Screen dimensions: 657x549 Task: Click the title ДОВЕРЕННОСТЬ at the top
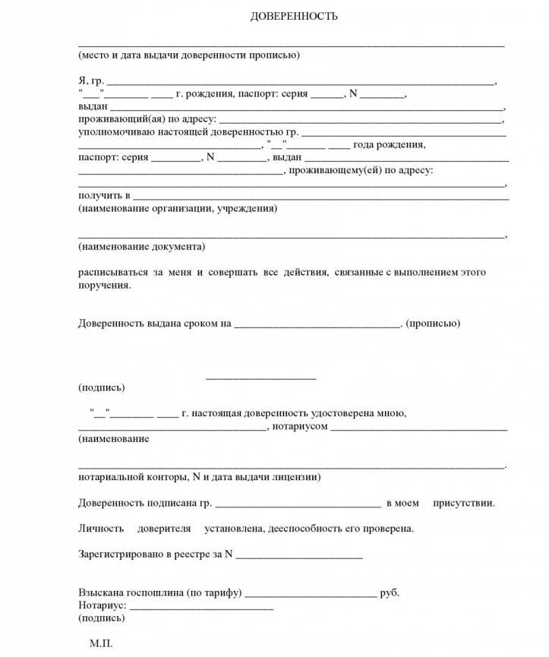(x=294, y=16)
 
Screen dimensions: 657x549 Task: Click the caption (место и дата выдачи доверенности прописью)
(x=188, y=55)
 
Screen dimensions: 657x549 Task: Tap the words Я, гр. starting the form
(x=90, y=81)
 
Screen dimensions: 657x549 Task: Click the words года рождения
(x=389, y=145)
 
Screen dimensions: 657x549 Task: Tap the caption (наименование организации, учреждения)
(x=177, y=208)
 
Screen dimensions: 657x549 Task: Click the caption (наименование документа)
(x=140, y=247)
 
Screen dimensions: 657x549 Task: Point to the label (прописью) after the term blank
(x=433, y=323)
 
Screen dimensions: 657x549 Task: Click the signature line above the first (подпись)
(x=260, y=377)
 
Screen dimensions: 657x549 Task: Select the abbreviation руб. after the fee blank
(x=390, y=592)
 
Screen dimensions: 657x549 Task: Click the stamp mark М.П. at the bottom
(x=101, y=643)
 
